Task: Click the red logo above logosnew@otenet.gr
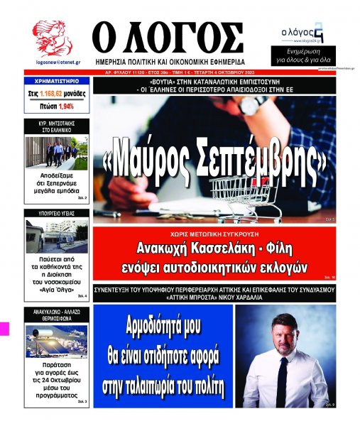pyautogui.click(x=53, y=39)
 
